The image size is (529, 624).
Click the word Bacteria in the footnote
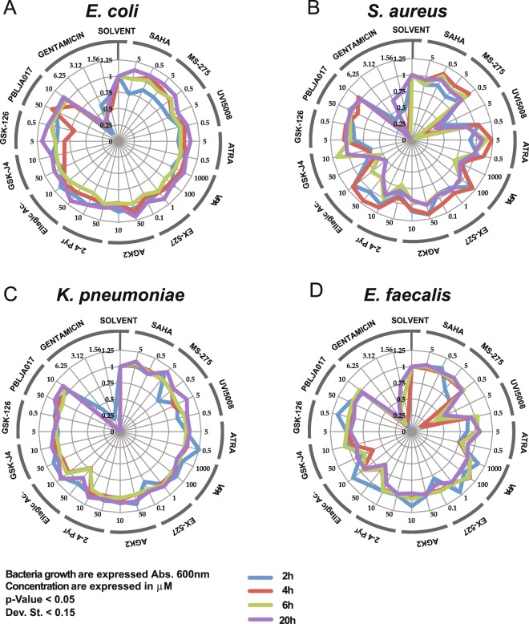click(x=29, y=575)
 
